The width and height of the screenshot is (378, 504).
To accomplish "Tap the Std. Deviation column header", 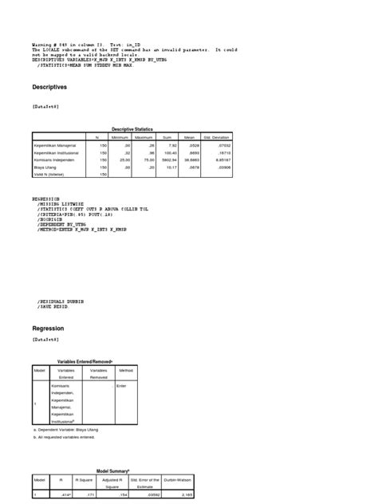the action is click(217, 138).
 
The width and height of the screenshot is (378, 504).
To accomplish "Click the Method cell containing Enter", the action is click(122, 386).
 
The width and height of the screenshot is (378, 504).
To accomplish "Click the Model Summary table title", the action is click(116, 471).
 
